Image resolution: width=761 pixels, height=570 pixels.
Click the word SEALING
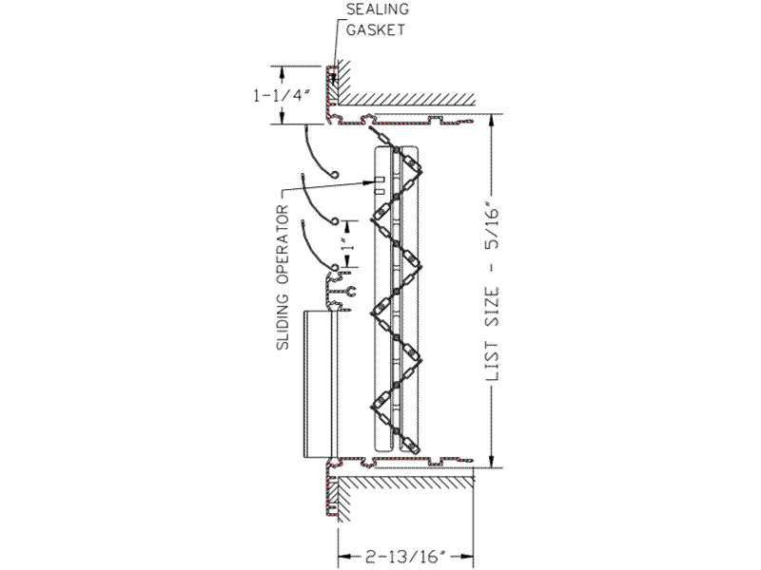pyautogui.click(x=377, y=9)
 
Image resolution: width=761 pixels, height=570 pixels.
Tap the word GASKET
pyautogui.click(x=375, y=29)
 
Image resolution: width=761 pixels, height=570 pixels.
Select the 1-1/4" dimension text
pyautogui.click(x=282, y=96)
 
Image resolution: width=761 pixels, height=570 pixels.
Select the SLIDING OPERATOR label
pyautogui.click(x=283, y=277)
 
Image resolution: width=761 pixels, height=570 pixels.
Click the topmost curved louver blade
pyautogui.click(x=321, y=153)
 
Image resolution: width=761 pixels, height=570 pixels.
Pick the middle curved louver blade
pyautogui.click(x=318, y=199)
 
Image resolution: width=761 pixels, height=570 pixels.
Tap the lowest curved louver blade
pyautogui.click(x=318, y=245)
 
